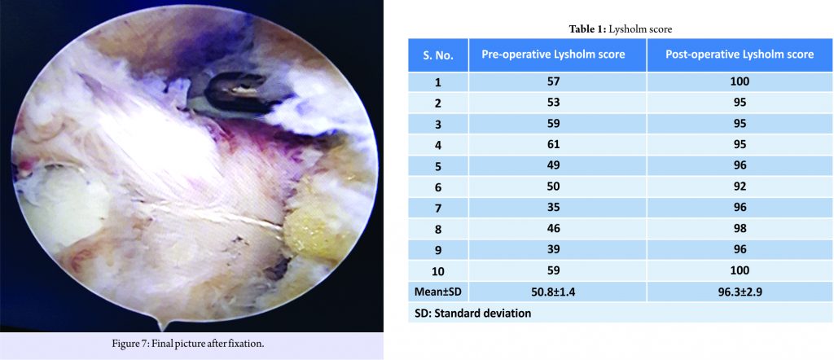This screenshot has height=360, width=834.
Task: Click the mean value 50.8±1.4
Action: [557, 292]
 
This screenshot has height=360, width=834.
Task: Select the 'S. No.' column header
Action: [438, 55]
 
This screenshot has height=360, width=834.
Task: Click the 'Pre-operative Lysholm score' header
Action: [557, 55]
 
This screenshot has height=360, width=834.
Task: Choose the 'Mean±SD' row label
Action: [438, 292]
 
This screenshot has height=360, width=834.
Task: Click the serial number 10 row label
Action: [438, 270]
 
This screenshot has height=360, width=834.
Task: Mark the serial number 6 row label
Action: [438, 187]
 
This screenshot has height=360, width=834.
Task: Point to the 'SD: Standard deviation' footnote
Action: [472, 314]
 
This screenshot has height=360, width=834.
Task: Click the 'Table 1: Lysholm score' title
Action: [621, 30]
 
